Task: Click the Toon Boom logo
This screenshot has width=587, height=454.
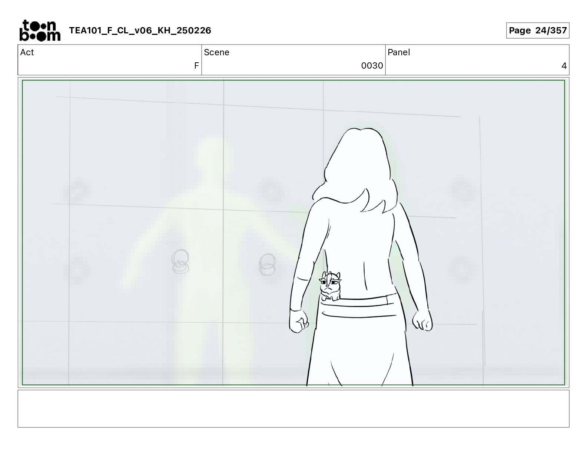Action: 40,30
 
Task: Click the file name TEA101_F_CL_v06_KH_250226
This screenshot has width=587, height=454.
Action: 140,30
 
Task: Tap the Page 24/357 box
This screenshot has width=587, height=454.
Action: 538,30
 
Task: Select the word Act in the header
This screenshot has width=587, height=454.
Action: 27,52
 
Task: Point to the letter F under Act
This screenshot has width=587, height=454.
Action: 196,65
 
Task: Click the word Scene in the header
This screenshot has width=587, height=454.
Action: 216,52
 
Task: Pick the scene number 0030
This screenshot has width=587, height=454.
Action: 372,65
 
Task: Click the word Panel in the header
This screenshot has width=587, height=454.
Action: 399,52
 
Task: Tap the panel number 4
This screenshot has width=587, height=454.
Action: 564,65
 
